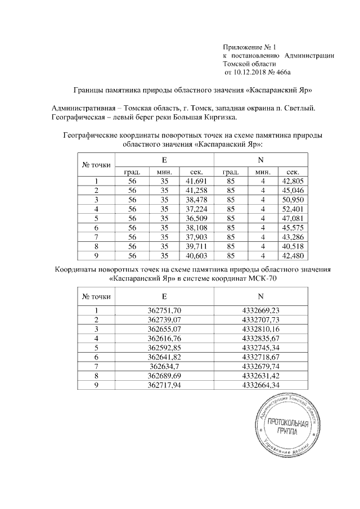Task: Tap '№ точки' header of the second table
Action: click(x=97, y=296)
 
